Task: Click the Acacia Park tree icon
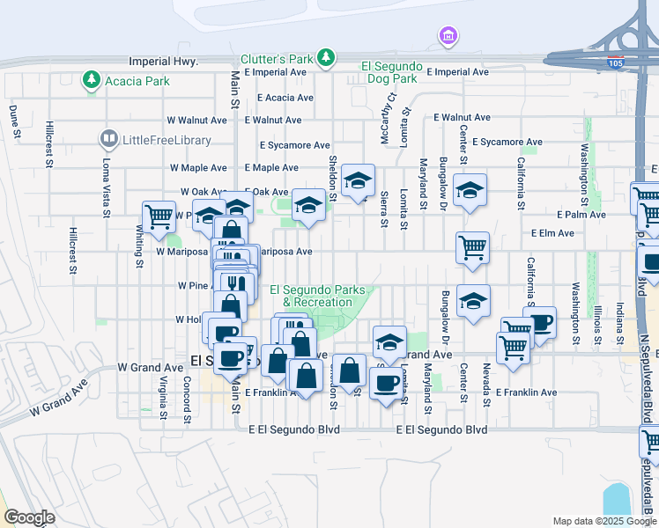pos(91,81)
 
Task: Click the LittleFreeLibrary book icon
pos(108,139)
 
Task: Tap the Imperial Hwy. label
pos(163,62)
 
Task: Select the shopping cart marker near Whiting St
pos(159,216)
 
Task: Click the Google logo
pos(29,517)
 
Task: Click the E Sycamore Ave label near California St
pos(507,142)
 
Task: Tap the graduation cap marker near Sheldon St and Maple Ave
pos(358,181)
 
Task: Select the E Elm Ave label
pos(552,233)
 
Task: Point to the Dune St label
pos(14,121)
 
